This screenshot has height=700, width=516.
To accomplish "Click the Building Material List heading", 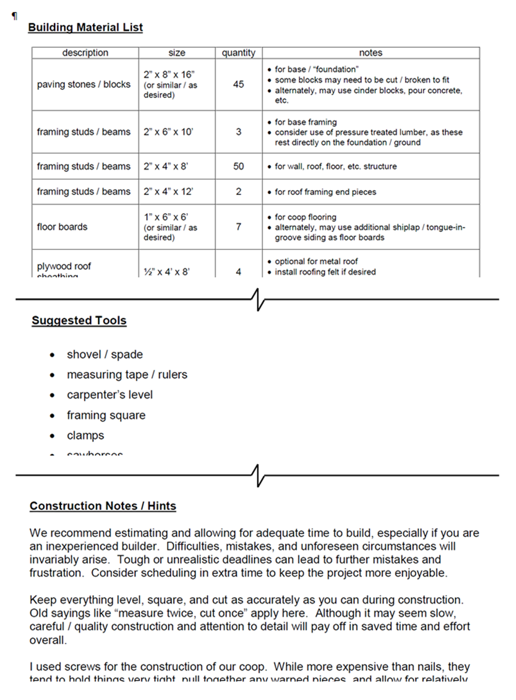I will [85, 27].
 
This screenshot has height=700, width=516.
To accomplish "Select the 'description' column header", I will [85, 53].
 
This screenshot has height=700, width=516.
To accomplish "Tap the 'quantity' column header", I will [238, 53].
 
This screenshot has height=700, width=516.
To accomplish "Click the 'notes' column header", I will [371, 53].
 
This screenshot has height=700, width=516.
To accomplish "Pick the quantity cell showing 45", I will [238, 84].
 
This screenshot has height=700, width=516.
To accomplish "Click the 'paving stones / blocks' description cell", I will [84, 84].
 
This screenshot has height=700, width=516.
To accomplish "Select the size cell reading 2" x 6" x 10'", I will [168, 132].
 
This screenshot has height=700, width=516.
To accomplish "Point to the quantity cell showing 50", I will [238, 166].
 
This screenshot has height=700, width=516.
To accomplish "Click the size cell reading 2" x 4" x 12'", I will [168, 192].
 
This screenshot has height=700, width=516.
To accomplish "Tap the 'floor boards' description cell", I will [62, 227].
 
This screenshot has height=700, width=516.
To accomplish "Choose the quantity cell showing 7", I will [238, 227].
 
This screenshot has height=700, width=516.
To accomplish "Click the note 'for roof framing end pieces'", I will [325, 192].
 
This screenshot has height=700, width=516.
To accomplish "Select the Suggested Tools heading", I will [79, 320].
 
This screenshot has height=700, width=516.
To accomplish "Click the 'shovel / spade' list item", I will [105, 354].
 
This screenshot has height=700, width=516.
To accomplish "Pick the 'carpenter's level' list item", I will [110, 395].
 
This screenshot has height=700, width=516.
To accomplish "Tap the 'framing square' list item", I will [106, 415].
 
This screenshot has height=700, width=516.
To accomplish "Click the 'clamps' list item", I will [85, 435].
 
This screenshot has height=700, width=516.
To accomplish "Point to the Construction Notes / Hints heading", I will [102, 506].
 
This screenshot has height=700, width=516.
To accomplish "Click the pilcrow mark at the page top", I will [14, 16].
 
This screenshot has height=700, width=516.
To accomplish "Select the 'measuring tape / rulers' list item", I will [127, 374].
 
